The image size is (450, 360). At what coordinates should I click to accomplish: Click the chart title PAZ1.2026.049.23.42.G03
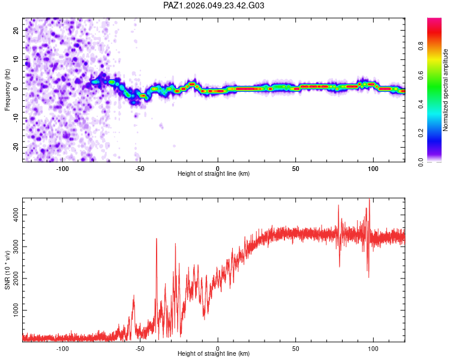click(x=214, y=5)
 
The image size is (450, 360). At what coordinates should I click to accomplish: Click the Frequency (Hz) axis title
click(x=8, y=89)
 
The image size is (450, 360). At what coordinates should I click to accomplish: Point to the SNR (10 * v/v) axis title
click(x=8, y=269)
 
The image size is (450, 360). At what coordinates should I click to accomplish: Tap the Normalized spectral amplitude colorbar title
click(x=445, y=90)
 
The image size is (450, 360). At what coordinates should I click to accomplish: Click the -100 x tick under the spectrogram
click(x=62, y=168)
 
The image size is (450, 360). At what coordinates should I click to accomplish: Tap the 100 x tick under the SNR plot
click(x=373, y=348)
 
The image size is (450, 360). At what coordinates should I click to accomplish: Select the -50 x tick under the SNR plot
click(x=139, y=348)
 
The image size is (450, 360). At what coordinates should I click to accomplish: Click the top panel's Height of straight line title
click(x=214, y=174)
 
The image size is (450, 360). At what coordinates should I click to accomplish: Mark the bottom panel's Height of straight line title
click(x=214, y=354)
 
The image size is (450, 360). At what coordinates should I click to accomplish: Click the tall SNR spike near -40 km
click(x=157, y=240)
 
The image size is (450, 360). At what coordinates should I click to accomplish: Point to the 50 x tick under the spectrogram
click(x=295, y=168)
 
